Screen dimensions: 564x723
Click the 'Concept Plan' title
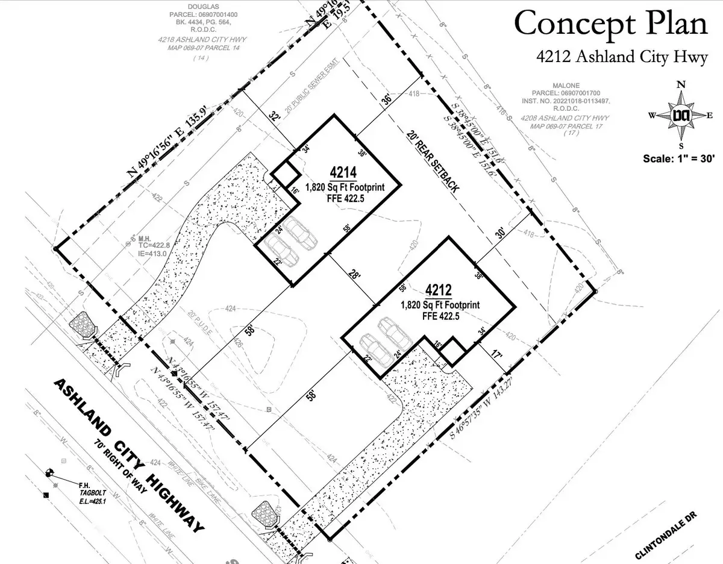point(611,24)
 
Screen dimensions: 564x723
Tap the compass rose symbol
point(681,114)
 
